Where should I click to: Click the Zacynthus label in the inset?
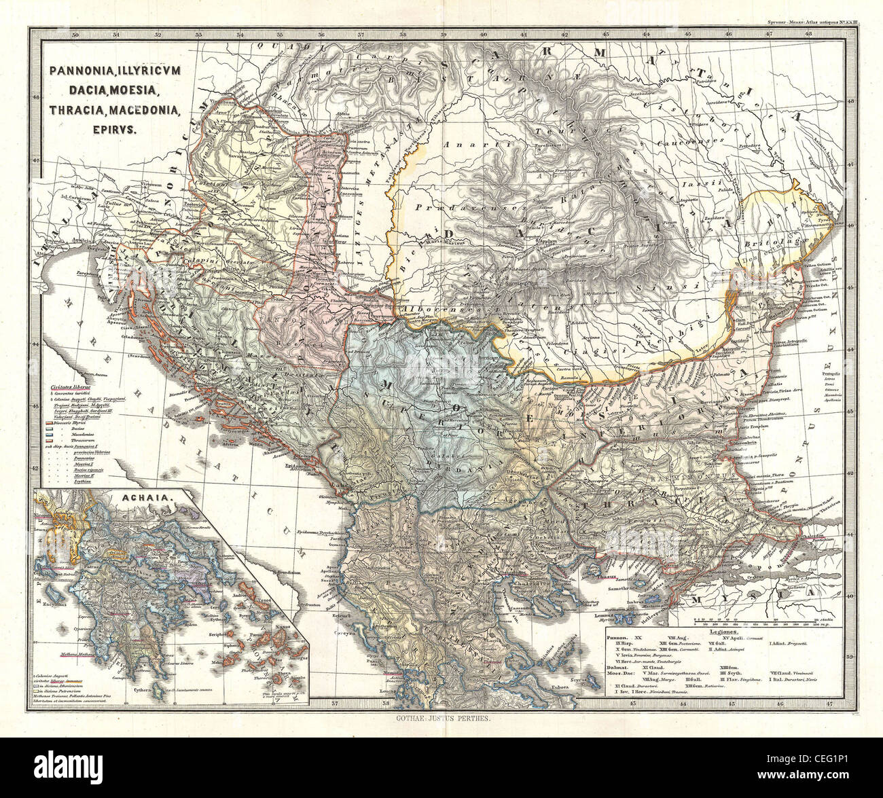58,602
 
